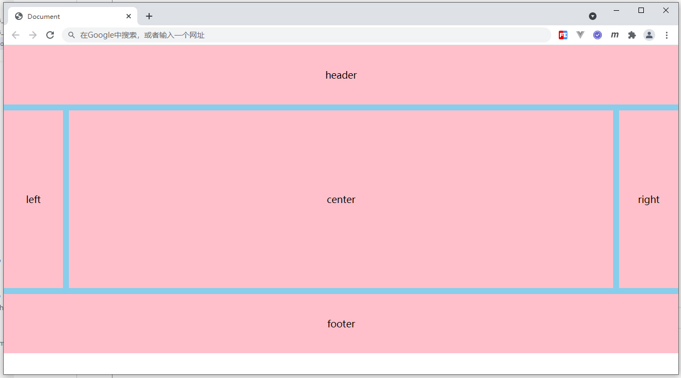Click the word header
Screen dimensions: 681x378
coord(341,75)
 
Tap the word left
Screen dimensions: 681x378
coord(33,199)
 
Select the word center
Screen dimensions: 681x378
coord(341,199)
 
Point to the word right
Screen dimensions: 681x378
coord(649,200)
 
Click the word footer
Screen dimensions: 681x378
coord(341,324)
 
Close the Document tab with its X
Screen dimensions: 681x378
coord(129,16)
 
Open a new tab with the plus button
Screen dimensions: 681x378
coord(149,16)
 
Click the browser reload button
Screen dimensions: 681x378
coord(50,35)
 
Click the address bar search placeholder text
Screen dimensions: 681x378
coord(142,36)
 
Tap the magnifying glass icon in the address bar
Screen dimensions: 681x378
coord(71,35)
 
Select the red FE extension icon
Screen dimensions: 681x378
coord(563,35)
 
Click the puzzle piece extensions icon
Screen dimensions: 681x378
coord(632,35)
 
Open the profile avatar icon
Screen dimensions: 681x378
coord(649,35)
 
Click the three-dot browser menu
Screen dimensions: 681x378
coord(666,35)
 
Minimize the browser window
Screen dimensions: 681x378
coord(616,10)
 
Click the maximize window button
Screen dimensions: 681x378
coord(641,10)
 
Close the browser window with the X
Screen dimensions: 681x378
coord(665,10)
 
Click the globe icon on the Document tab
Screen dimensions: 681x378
coord(19,16)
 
